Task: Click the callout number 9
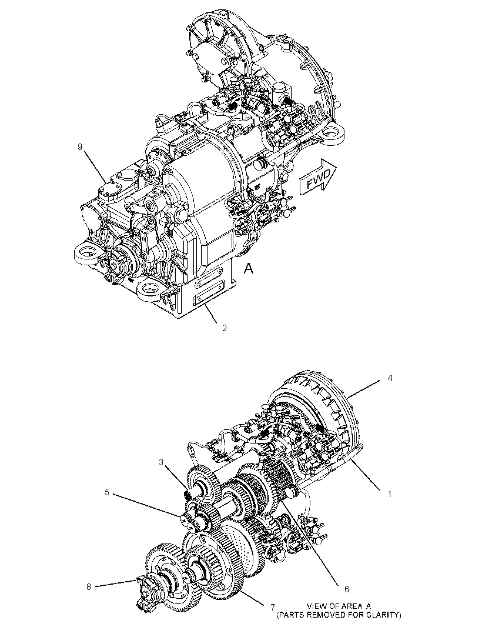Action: [x=80, y=147]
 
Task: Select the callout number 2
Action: [x=225, y=328]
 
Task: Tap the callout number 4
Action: [x=390, y=378]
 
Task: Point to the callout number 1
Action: [x=390, y=494]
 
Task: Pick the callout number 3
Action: [x=161, y=462]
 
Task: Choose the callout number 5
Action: [x=107, y=492]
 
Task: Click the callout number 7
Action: [x=273, y=607]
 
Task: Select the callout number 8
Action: [x=89, y=587]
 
